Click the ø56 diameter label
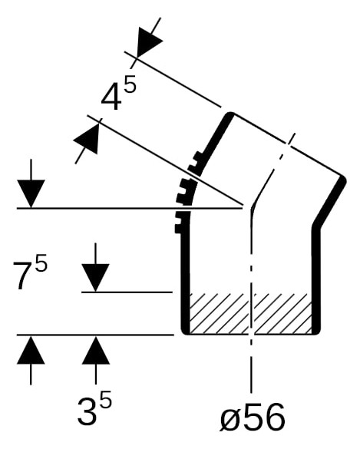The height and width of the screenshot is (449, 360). [x=253, y=418]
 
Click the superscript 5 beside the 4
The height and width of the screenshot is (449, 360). [x=130, y=82]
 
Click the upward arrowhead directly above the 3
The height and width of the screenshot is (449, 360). [x=95, y=350]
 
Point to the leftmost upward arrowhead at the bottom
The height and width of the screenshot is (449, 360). [x=31, y=350]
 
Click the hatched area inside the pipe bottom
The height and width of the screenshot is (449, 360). [x=251, y=314]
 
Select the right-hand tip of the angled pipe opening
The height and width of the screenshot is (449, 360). [x=343, y=180]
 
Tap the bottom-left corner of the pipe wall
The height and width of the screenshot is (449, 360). [x=185, y=332]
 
